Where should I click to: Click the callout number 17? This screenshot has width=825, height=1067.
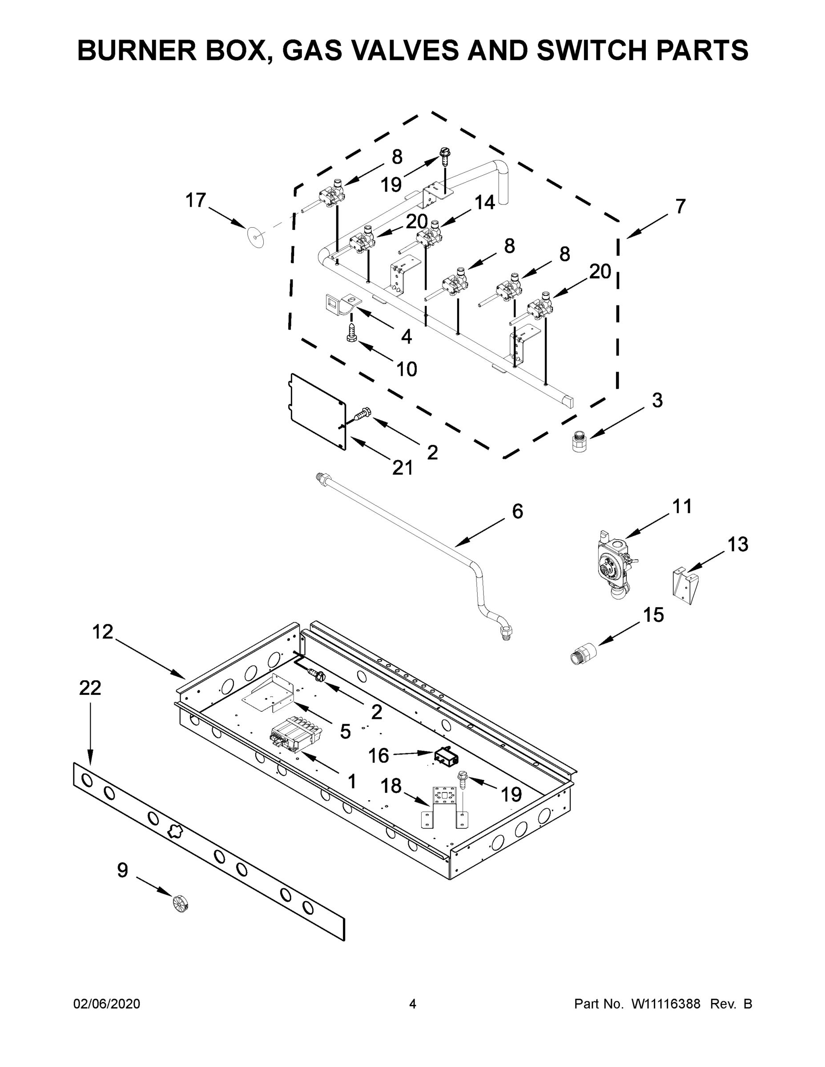(x=196, y=201)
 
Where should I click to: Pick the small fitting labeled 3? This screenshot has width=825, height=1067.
(x=580, y=441)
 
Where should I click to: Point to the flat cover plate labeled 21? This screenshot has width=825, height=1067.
(x=317, y=411)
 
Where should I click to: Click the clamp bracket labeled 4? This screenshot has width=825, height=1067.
(x=342, y=305)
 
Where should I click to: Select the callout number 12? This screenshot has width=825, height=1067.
(x=103, y=632)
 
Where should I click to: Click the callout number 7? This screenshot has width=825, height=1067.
(x=680, y=206)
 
